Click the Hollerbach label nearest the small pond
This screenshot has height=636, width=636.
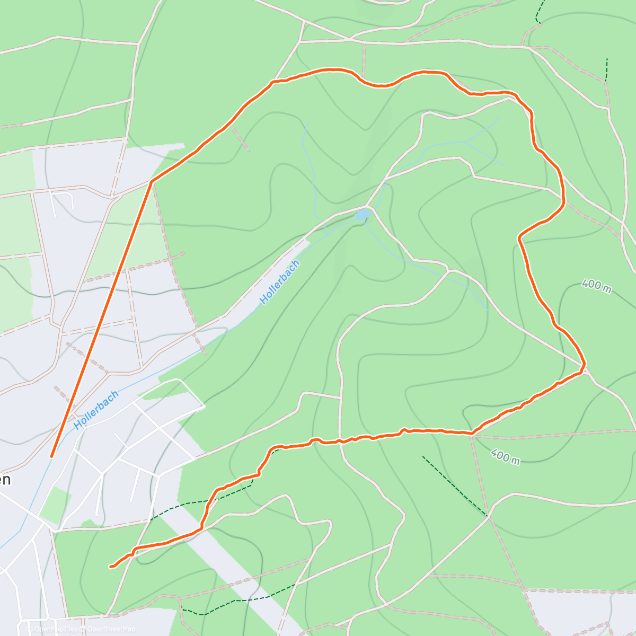(x=280, y=282)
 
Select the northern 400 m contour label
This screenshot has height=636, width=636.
(x=596, y=285)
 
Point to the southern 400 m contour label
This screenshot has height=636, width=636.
(x=505, y=456)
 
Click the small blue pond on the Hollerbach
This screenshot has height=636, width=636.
(x=363, y=215)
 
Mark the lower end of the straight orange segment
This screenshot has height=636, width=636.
(x=52, y=456)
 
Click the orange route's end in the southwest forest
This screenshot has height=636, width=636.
(x=111, y=567)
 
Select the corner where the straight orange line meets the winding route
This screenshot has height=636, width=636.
(x=152, y=182)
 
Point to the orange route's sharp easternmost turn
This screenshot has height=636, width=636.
(x=583, y=366)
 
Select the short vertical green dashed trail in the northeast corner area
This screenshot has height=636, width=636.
(x=606, y=69)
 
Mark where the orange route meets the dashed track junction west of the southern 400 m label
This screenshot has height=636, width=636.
(x=472, y=434)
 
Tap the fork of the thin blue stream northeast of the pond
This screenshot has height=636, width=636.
(x=464, y=142)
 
